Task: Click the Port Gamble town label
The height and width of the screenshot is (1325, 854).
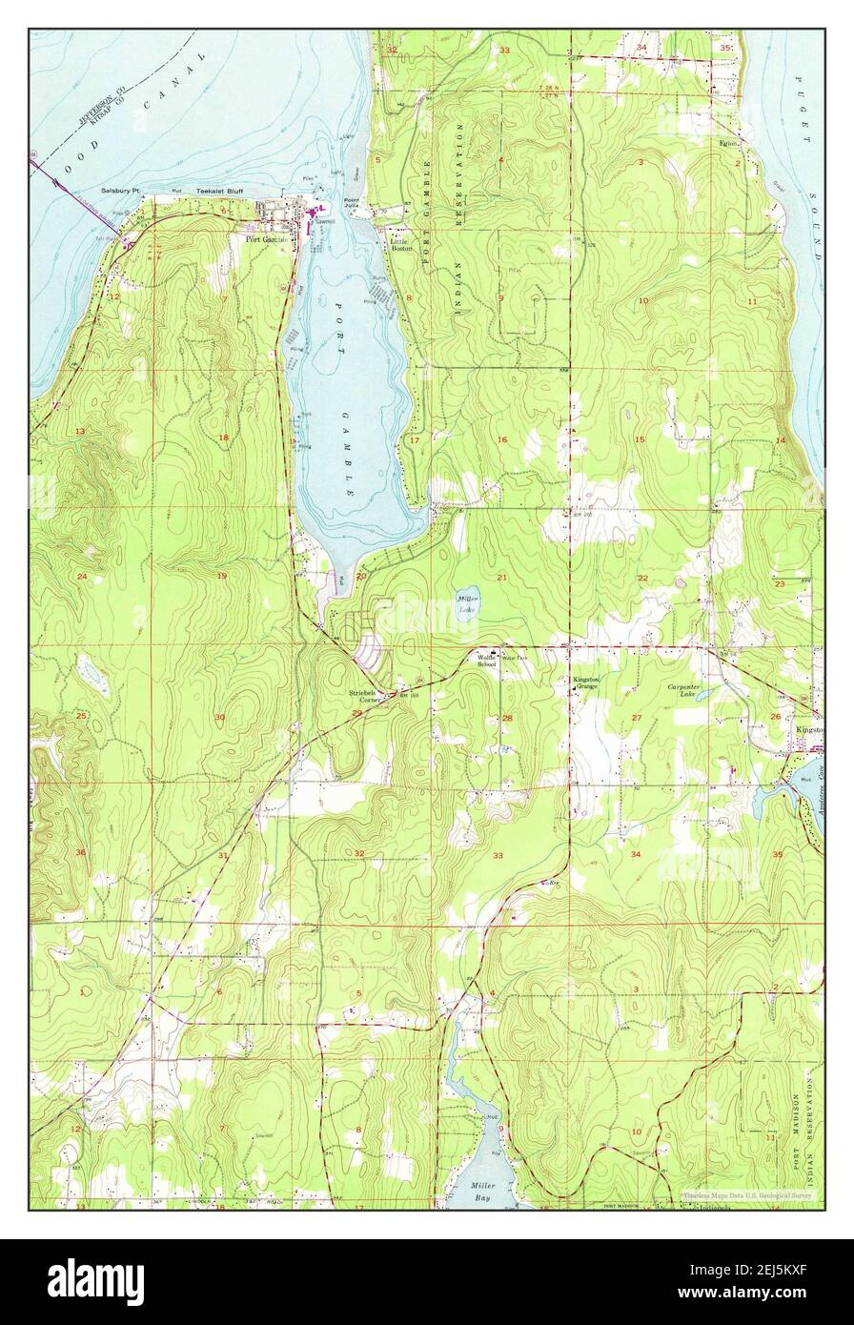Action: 266,239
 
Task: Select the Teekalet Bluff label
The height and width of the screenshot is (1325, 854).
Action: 220,192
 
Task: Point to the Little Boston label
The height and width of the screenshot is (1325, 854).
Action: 401,244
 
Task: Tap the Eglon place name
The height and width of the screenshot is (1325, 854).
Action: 729,143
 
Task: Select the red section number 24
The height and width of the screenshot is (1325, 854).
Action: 82,577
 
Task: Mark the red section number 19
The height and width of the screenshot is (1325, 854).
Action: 221,577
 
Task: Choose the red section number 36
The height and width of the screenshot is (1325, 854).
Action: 81,851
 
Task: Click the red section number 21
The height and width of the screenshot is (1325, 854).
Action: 500,578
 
